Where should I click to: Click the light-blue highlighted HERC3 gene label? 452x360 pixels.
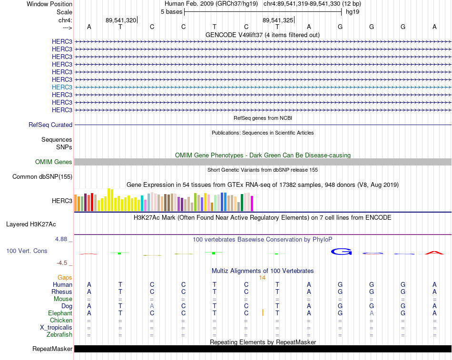tap(62, 87)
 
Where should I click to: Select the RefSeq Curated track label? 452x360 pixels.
tap(50, 125)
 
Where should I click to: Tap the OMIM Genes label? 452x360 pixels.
tap(54, 162)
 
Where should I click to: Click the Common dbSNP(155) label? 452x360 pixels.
tap(42, 177)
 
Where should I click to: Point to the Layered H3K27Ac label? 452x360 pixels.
tap(31, 224)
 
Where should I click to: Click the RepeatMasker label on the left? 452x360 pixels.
tap(52, 349)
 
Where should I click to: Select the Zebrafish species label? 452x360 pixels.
tap(59, 335)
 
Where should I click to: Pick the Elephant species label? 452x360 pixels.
tap(60, 313)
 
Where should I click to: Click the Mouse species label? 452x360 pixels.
tap(63, 299)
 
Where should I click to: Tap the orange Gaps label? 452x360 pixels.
tap(65, 278)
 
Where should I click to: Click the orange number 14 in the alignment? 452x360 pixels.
tap(262, 278)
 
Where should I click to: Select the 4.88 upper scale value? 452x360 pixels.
tap(61, 239)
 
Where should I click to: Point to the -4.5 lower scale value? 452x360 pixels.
tap(62, 263)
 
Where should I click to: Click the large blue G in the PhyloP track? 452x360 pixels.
tap(341, 252)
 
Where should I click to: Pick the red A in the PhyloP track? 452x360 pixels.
tap(434, 253)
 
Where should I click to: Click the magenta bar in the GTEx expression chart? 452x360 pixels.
tap(252, 204)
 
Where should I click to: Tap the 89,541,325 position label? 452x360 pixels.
tap(277, 20)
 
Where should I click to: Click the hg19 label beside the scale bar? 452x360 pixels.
tap(353, 12)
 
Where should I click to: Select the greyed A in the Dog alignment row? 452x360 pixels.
tap(152, 306)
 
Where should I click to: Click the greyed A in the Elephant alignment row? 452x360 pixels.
tap(372, 313)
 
